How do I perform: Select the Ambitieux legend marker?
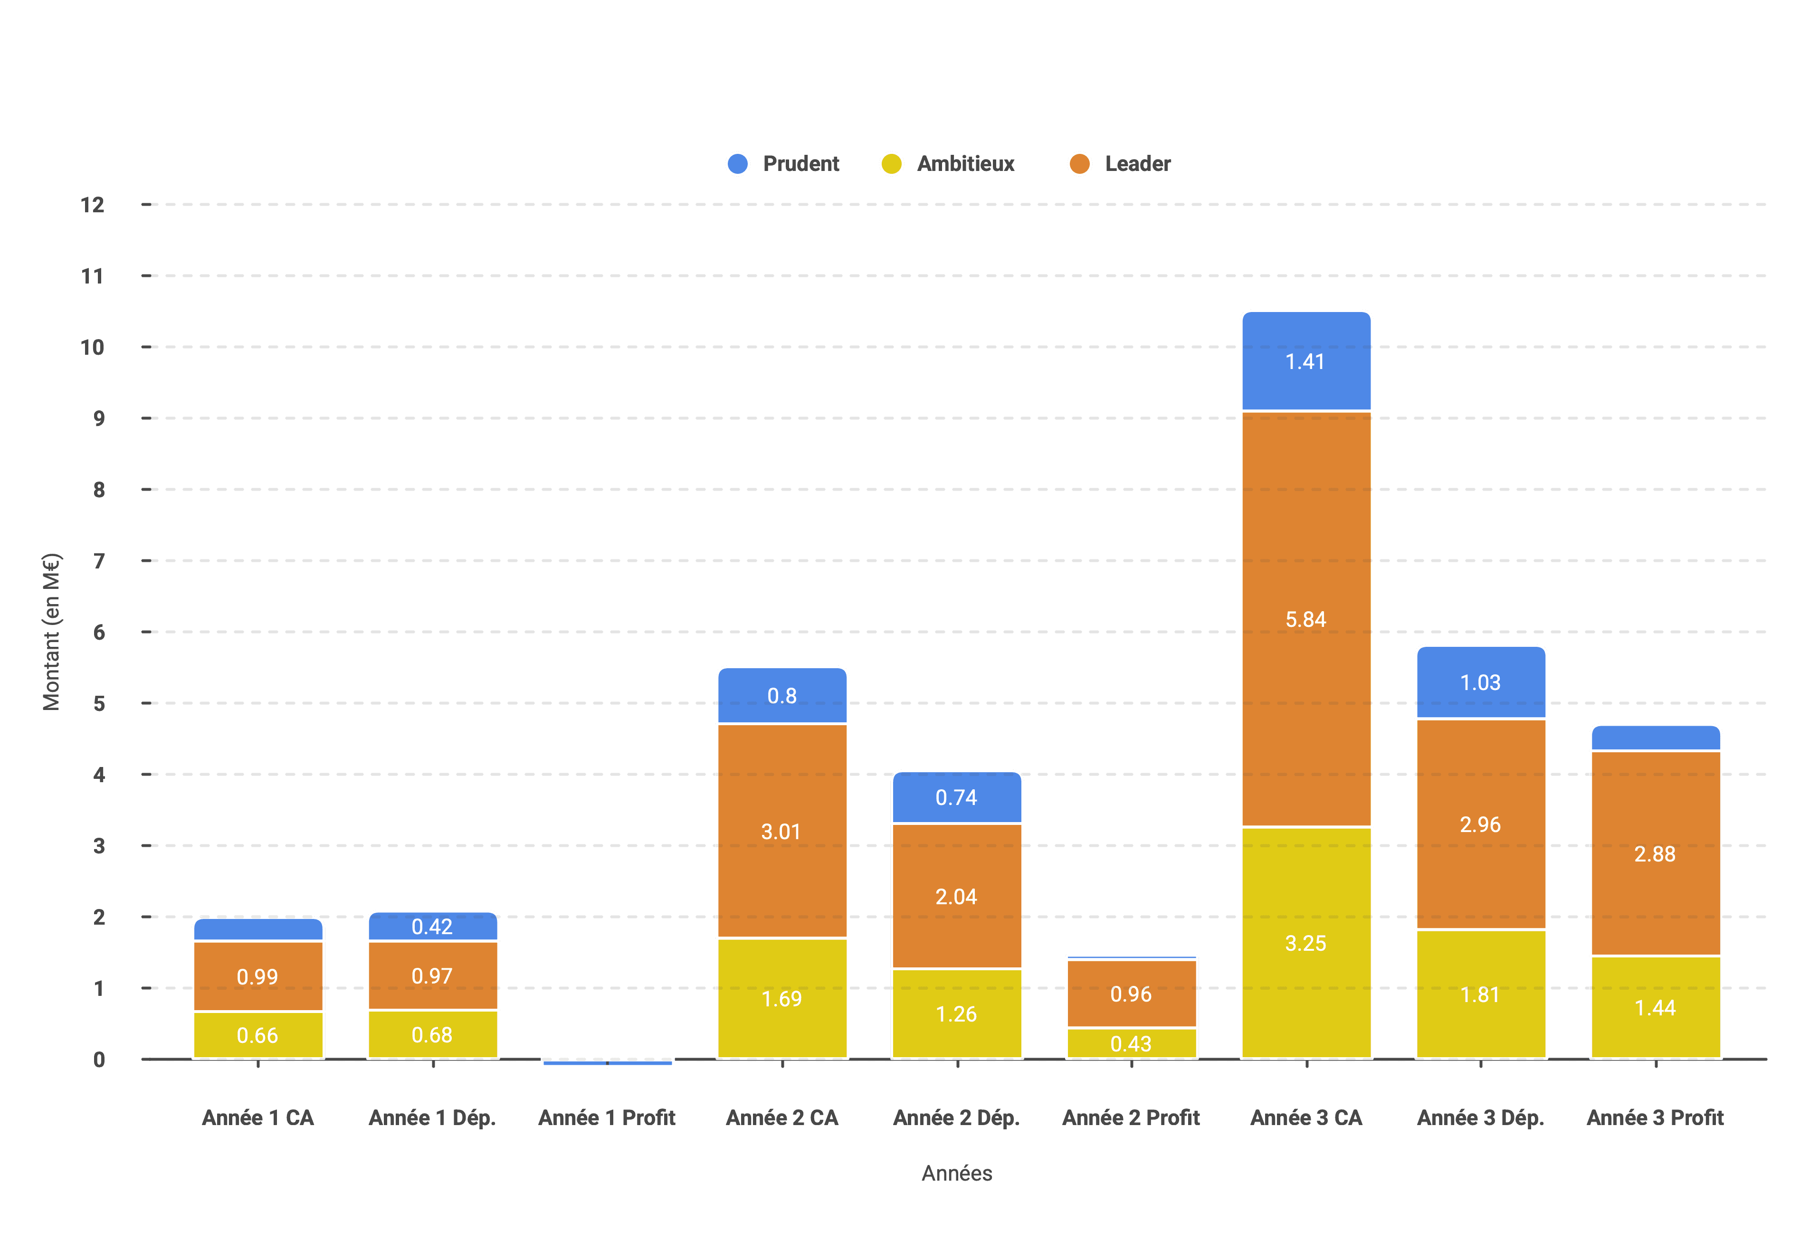tap(891, 164)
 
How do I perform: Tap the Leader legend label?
tap(1138, 164)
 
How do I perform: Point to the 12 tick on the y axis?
tap(93, 205)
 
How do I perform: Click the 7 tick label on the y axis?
tap(99, 561)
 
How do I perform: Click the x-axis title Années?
tap(956, 1174)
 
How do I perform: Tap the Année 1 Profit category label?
tap(607, 1118)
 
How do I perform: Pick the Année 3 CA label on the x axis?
tap(1306, 1118)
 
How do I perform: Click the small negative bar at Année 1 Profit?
tap(608, 1062)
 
